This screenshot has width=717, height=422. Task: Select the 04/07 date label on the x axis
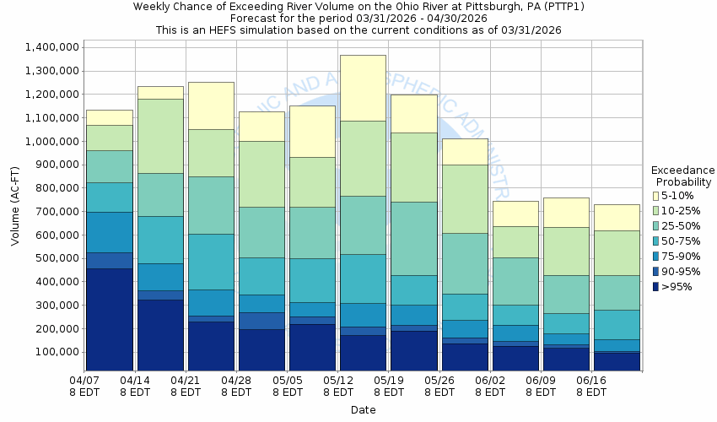[85, 381]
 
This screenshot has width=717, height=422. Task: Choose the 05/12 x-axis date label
[338, 381]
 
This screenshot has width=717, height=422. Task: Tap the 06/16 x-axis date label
[591, 381]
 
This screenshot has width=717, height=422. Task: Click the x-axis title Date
[364, 410]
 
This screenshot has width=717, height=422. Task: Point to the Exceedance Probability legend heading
[682, 176]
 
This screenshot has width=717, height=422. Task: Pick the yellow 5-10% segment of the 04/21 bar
[211, 105]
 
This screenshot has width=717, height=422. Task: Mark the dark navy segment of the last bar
[617, 361]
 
